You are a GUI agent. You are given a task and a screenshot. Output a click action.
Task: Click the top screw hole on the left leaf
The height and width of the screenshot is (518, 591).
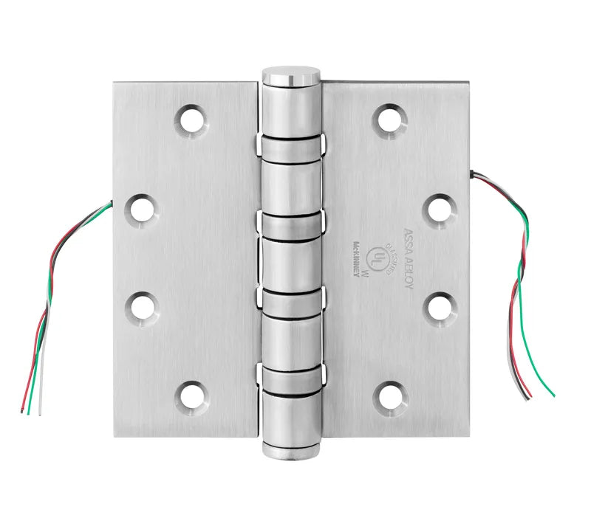pyautogui.click(x=192, y=120)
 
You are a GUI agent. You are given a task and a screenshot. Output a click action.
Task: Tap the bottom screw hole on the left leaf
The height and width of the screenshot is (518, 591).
pyautogui.click(x=192, y=396)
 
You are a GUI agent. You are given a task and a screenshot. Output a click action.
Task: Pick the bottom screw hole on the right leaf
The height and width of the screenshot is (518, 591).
pyautogui.click(x=389, y=396)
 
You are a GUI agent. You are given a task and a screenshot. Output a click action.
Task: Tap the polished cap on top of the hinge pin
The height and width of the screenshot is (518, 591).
pyautogui.click(x=291, y=76)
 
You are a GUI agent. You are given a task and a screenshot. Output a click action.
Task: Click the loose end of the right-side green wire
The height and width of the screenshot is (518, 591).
pyautogui.click(x=553, y=395)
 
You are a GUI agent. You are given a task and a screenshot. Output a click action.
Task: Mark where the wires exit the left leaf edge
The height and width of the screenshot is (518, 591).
pyautogui.click(x=112, y=201)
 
